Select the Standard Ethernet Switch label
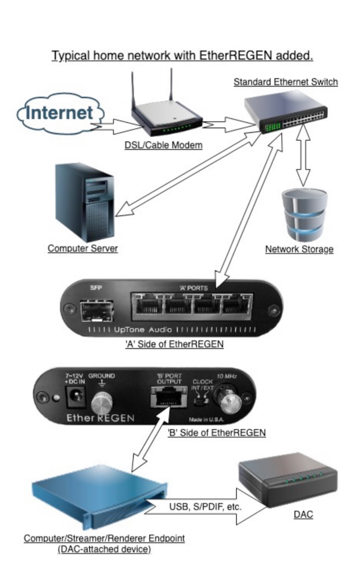coord(286,82)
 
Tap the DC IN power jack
coord(74,396)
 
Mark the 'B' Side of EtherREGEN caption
coord(216,433)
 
